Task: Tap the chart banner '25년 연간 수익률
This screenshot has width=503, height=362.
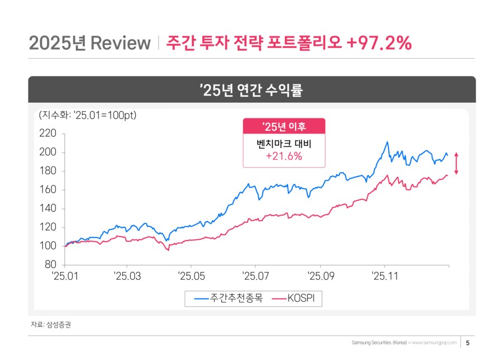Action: (251, 90)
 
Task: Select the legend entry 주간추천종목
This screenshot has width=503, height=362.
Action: (229, 299)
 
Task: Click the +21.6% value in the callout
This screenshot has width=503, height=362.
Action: (283, 156)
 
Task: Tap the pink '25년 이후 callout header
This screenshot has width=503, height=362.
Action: (283, 126)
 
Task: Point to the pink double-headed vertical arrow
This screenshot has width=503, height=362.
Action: (456, 163)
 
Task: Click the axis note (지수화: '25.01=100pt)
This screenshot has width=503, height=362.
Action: (88, 116)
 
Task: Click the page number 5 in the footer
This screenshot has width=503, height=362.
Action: (467, 342)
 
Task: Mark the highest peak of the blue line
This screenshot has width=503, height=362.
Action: (387, 142)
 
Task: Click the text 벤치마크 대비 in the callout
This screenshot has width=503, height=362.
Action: (283, 144)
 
